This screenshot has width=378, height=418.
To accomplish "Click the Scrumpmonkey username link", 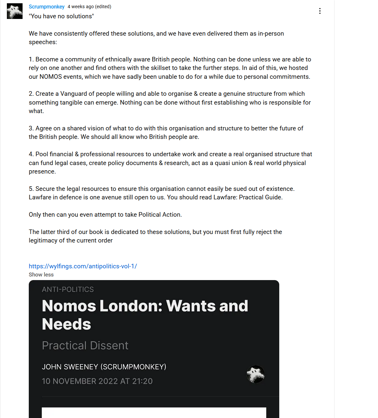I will pyautogui.click(x=46, y=7).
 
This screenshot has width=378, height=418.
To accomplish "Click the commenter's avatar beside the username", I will pyautogui.click(x=15, y=11).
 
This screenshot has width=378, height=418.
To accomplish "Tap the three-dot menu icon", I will pyautogui.click(x=320, y=11).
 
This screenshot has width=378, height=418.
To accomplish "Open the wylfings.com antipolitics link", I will pyautogui.click(x=83, y=266).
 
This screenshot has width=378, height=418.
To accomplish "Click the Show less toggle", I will pyautogui.click(x=41, y=275).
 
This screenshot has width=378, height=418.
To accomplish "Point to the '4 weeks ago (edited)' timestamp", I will pyautogui.click(x=89, y=7).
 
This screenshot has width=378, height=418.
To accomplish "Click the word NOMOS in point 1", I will pyautogui.click(x=51, y=77).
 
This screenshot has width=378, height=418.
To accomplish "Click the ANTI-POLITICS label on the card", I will pyautogui.click(x=68, y=290).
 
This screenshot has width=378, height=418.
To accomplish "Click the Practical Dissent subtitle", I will pyautogui.click(x=85, y=345).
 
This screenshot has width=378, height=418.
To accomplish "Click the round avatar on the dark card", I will pyautogui.click(x=255, y=374).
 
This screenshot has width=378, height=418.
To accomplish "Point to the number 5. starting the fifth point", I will pyautogui.click(x=31, y=189).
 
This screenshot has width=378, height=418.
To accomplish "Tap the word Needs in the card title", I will pyautogui.click(x=66, y=324).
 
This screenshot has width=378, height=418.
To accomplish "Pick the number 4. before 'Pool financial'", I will pyautogui.click(x=31, y=154).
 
